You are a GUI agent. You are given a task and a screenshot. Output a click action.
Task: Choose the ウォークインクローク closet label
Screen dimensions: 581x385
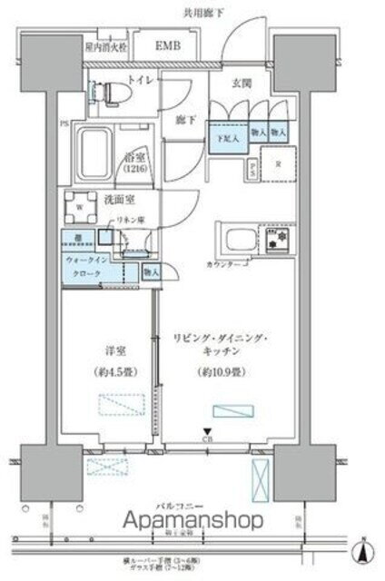pyautogui.click(x=87, y=267)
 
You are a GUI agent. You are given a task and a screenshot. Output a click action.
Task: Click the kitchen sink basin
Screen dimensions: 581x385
pyautogui.click(x=241, y=241)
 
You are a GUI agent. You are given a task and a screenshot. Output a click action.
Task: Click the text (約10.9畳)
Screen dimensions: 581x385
pyautogui.click(x=212, y=370)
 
